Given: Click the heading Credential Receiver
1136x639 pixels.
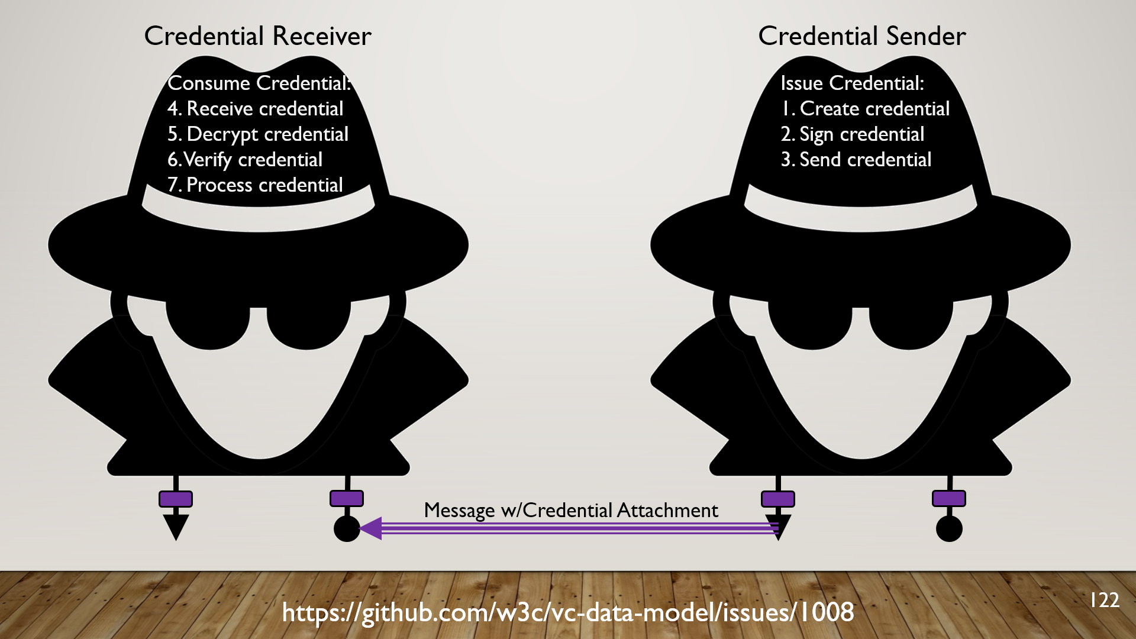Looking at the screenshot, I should [x=257, y=36].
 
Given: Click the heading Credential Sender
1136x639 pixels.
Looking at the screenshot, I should [x=861, y=36].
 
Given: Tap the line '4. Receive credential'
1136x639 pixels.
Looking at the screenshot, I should [x=255, y=109].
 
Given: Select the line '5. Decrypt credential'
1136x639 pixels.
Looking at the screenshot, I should [x=258, y=134].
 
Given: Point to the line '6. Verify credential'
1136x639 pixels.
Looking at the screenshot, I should [x=245, y=160].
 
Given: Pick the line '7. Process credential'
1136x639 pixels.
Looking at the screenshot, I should [x=255, y=185].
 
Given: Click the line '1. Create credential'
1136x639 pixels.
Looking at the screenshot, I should [x=865, y=109].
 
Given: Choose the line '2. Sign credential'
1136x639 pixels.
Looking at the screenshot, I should [x=852, y=134].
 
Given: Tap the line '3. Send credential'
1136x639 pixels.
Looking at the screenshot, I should [x=856, y=160].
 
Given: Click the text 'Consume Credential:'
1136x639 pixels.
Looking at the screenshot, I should [x=259, y=83].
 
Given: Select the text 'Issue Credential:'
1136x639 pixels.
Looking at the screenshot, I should [x=852, y=83].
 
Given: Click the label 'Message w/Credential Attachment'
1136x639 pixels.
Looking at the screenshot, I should [x=571, y=510].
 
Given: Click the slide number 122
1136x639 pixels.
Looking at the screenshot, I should [x=1104, y=600].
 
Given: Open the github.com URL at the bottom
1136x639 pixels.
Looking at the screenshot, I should [x=568, y=612].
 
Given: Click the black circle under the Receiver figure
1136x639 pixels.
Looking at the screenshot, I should [x=347, y=528].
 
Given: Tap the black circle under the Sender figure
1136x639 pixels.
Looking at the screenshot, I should [x=949, y=528].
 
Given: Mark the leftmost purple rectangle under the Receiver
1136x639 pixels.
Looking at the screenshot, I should [x=176, y=499].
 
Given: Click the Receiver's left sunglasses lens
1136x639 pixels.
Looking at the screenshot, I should [x=207, y=325].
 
